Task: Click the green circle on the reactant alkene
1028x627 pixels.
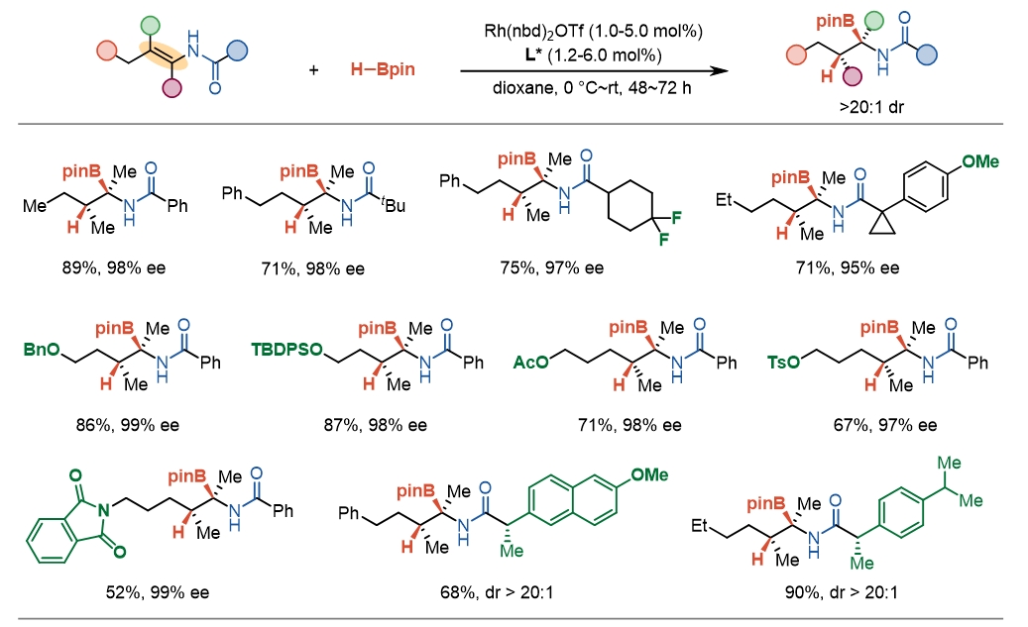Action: (150, 23)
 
